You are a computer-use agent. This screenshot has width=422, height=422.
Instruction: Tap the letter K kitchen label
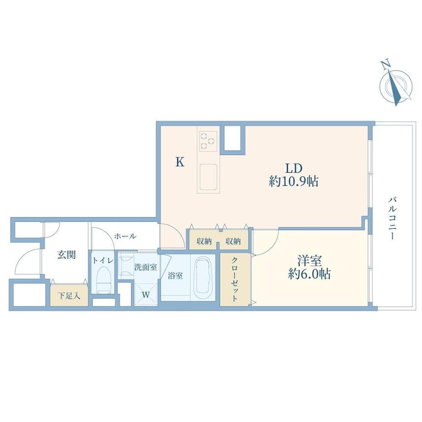click(180, 162)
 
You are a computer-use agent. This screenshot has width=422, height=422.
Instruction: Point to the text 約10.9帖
click(294, 181)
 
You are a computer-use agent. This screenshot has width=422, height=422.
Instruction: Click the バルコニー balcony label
click(392, 218)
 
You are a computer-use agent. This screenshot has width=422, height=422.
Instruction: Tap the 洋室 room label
click(310, 261)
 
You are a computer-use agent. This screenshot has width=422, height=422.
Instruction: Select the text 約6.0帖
click(310, 274)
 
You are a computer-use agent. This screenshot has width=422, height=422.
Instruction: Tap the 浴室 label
click(175, 275)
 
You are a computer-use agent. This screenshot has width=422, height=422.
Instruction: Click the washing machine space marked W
click(145, 294)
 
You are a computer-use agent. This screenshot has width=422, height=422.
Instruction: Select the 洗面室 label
click(145, 267)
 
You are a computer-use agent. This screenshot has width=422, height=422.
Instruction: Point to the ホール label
click(125, 236)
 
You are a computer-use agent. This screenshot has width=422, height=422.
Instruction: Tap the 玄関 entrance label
click(66, 254)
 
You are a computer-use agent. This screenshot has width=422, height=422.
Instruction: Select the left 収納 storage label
click(204, 241)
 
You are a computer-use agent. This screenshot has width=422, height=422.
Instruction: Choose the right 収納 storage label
click(233, 241)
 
